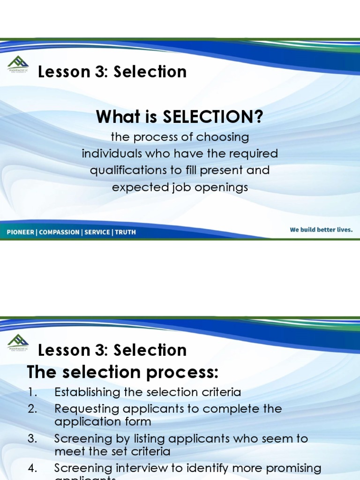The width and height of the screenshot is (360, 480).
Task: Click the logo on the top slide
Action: (18, 64)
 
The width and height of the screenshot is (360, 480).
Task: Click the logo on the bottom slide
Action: (18, 342)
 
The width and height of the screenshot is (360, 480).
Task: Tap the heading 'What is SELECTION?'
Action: (180, 117)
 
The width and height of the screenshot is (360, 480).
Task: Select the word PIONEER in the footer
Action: (21, 232)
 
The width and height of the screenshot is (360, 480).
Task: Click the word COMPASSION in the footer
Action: (59, 232)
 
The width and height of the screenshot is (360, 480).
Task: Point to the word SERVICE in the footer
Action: (97, 232)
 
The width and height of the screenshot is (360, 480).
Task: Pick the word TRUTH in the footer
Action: (125, 232)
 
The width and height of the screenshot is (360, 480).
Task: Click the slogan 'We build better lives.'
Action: (321, 230)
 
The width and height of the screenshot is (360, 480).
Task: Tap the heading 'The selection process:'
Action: (123, 372)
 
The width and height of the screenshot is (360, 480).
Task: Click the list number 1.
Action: (31, 392)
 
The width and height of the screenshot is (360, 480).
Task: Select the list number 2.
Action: (31, 409)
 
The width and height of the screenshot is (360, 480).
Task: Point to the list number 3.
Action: (31, 439)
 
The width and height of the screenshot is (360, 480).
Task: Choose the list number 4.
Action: (31, 468)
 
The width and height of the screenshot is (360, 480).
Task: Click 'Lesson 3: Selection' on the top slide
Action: (112, 72)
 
